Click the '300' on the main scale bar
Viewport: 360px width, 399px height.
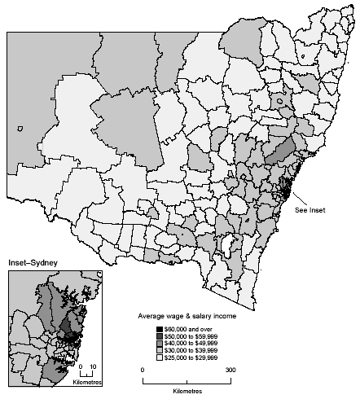pos(231,370)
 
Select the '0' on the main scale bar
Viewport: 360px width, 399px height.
pos(143,370)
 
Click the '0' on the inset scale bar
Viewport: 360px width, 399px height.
pos(81,367)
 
